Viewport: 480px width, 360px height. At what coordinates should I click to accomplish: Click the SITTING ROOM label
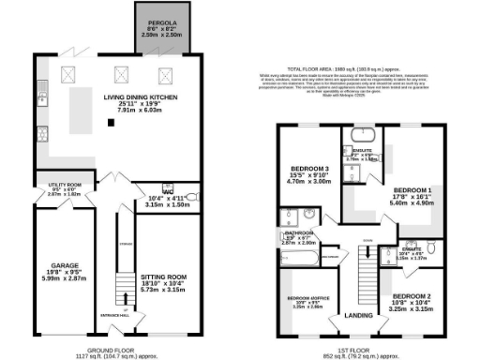[165, 277]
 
